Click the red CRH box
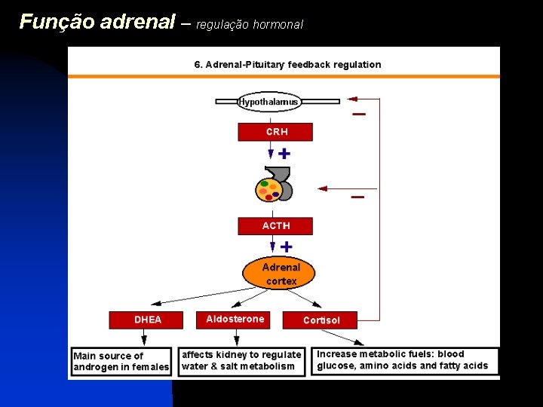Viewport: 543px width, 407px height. (x=275, y=132)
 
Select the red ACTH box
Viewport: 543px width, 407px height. (x=275, y=226)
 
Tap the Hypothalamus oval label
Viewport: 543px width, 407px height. (x=268, y=102)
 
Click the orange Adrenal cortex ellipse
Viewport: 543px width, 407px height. (x=280, y=274)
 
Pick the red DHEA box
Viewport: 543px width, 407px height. (x=147, y=320)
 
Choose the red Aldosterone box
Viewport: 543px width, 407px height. (x=235, y=320)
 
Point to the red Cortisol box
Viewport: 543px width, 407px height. (x=321, y=320)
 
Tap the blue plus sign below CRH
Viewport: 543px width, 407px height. (x=284, y=153)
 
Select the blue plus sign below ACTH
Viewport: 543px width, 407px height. (x=287, y=246)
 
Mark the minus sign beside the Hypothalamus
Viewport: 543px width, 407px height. (x=359, y=115)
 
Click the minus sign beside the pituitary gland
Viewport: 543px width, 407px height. (x=357, y=197)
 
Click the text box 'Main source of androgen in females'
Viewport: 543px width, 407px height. (x=121, y=362)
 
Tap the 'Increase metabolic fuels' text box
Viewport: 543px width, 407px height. (x=405, y=360)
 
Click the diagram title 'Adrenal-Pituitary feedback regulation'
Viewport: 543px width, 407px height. (x=287, y=65)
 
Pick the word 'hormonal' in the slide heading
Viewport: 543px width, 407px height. (x=278, y=24)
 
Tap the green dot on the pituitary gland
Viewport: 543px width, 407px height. (x=265, y=183)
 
